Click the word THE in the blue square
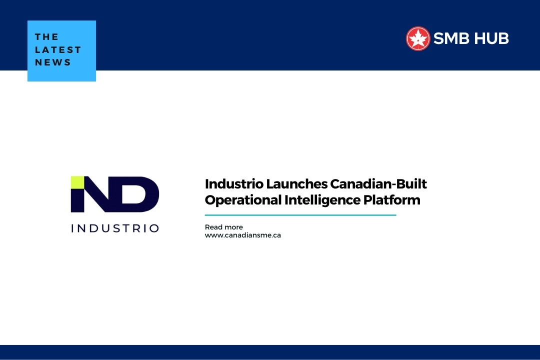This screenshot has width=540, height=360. (x=47, y=37)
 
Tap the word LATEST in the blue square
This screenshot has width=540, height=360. (x=58, y=50)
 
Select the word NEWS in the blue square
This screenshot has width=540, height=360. (x=53, y=62)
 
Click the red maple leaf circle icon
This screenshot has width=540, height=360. (x=418, y=38)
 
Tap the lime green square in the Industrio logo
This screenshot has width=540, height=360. (x=77, y=182)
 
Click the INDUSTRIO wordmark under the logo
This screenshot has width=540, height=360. (x=115, y=228)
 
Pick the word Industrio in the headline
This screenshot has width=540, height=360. (x=233, y=183)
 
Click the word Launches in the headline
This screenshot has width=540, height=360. (x=296, y=183)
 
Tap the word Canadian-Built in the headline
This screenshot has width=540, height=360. (x=378, y=183)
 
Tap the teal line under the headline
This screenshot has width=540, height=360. (x=300, y=215)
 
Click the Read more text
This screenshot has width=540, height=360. (x=223, y=227)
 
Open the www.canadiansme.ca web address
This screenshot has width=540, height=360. (x=242, y=235)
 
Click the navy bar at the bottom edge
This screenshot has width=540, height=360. (x=270, y=352)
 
